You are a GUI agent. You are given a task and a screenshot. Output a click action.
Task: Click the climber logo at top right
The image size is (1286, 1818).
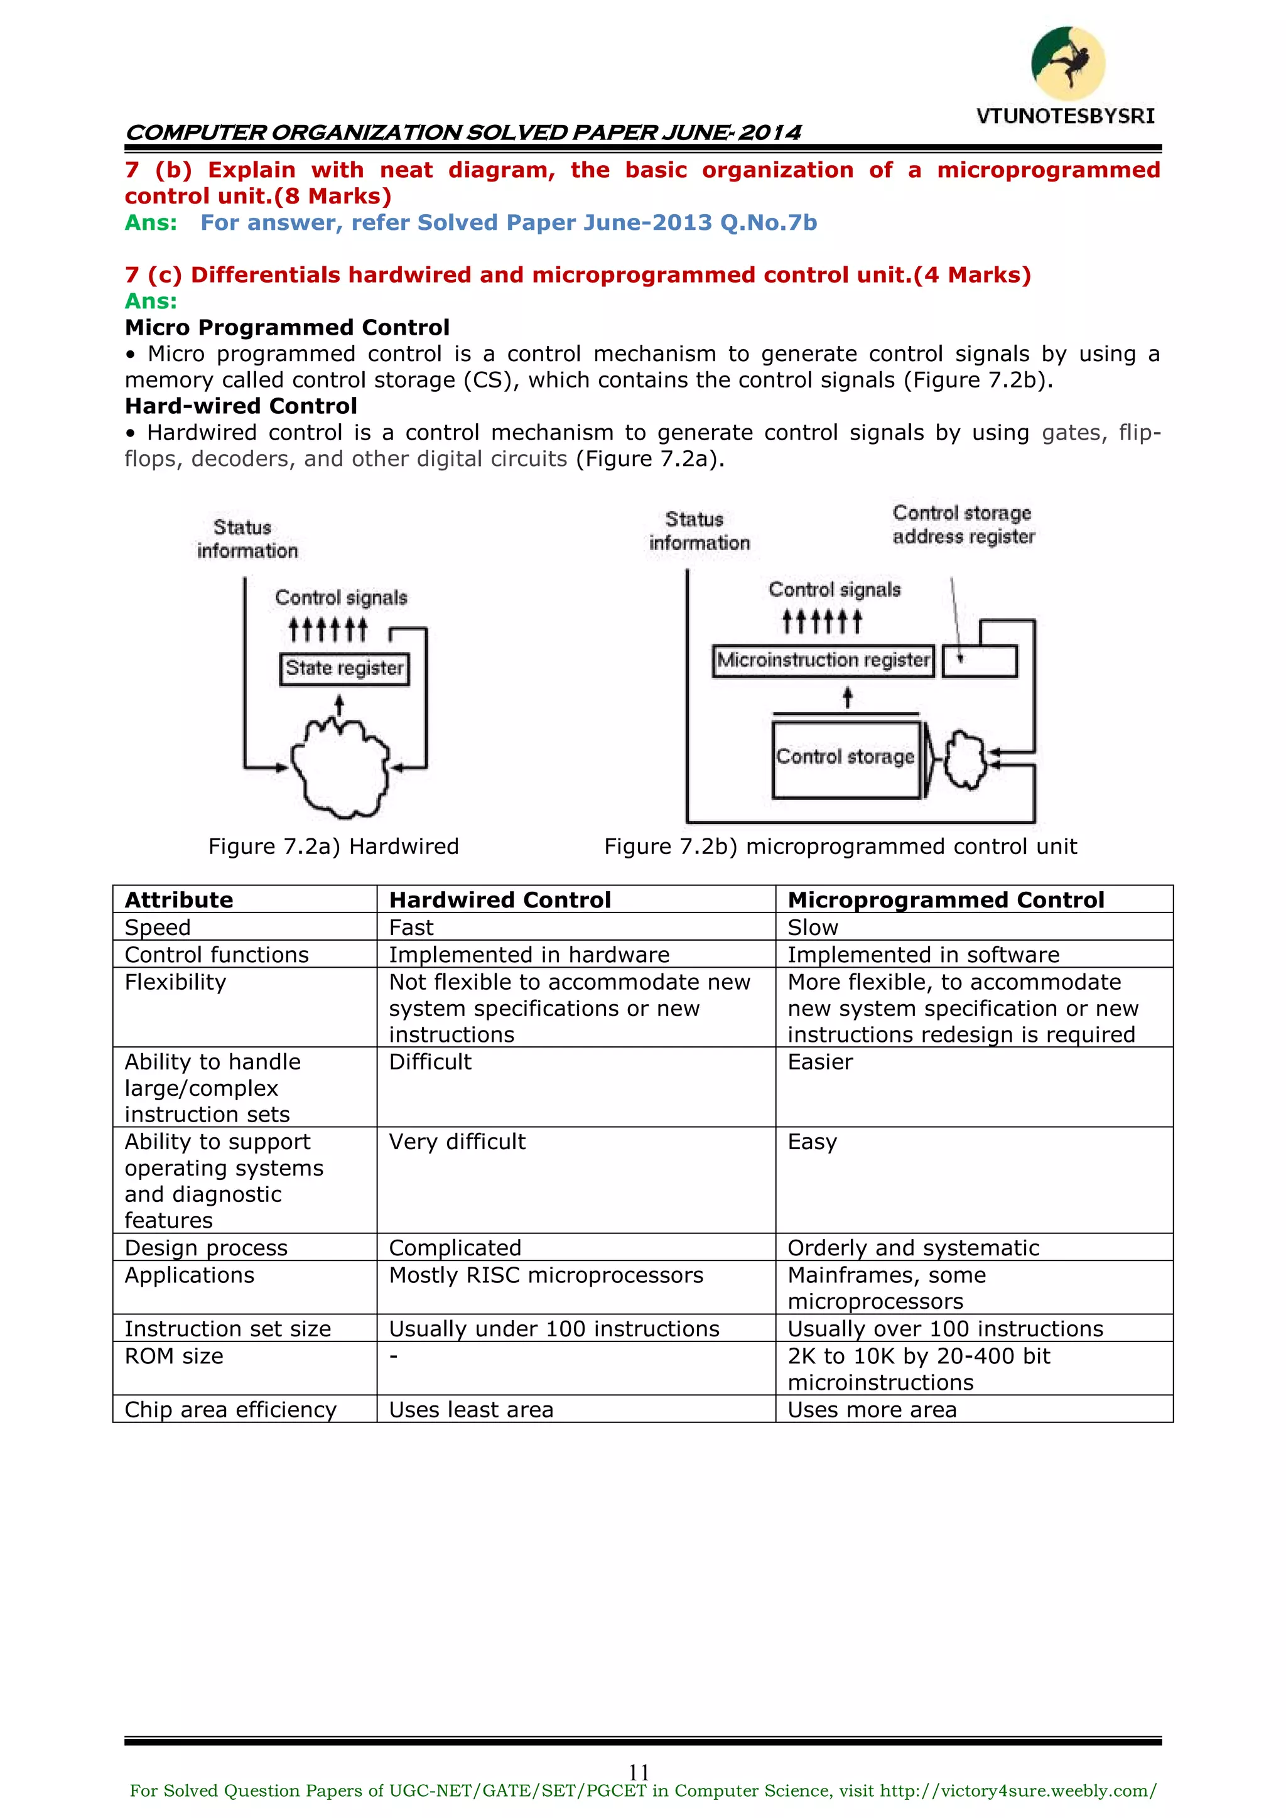[1067, 63]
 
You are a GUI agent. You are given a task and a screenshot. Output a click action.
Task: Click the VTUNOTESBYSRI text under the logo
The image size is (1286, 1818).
[1065, 116]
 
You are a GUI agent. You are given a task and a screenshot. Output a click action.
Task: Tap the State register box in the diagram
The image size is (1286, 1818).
[345, 668]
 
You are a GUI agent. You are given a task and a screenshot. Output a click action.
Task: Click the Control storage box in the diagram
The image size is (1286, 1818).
[846, 758]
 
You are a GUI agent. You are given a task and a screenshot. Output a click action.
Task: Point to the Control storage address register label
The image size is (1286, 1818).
[963, 525]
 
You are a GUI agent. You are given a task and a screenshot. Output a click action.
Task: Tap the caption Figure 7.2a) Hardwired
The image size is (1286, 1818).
[333, 847]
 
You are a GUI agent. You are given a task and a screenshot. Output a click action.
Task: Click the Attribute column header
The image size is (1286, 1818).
[179, 901]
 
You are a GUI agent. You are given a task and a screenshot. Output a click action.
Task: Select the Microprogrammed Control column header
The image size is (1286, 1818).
[946, 901]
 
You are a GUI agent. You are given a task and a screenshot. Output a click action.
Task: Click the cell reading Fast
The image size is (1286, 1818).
[412, 928]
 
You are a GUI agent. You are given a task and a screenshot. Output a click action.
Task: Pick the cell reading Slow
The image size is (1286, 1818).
[813, 928]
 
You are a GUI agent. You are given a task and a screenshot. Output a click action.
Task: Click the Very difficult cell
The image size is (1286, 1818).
[457, 1142]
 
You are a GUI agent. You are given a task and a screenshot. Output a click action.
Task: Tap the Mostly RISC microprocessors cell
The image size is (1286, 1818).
[546, 1275]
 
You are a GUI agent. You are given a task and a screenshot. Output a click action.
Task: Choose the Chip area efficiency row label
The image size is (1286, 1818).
[230, 1410]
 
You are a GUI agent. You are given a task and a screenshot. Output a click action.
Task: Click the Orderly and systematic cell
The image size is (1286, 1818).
[913, 1248]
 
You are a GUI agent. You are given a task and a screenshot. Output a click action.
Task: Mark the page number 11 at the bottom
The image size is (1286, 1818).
[639, 1772]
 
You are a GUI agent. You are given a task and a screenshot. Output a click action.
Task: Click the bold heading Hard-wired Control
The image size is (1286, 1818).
[240, 406]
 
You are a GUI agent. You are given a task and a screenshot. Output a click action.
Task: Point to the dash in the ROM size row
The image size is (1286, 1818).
[394, 1356]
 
